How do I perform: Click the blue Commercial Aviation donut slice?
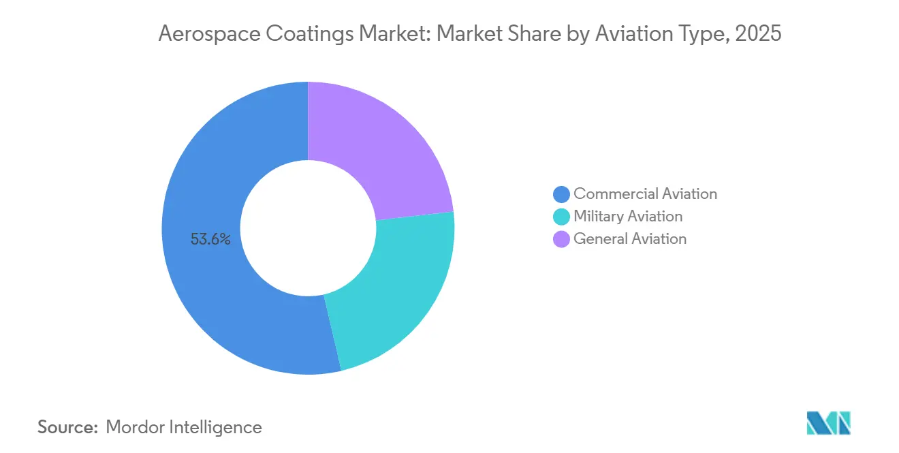[204, 286]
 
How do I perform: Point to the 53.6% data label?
[210, 239]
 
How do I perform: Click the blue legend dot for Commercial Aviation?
[561, 194]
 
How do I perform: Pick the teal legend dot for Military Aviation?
[561, 217]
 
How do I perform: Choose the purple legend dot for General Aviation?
[561, 239]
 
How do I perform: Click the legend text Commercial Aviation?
[645, 194]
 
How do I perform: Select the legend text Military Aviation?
[627, 217]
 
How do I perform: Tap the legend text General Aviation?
[630, 239]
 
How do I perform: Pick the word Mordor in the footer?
[135, 427]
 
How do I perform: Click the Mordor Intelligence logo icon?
[828, 423]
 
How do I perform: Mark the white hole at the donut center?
[308, 228]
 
